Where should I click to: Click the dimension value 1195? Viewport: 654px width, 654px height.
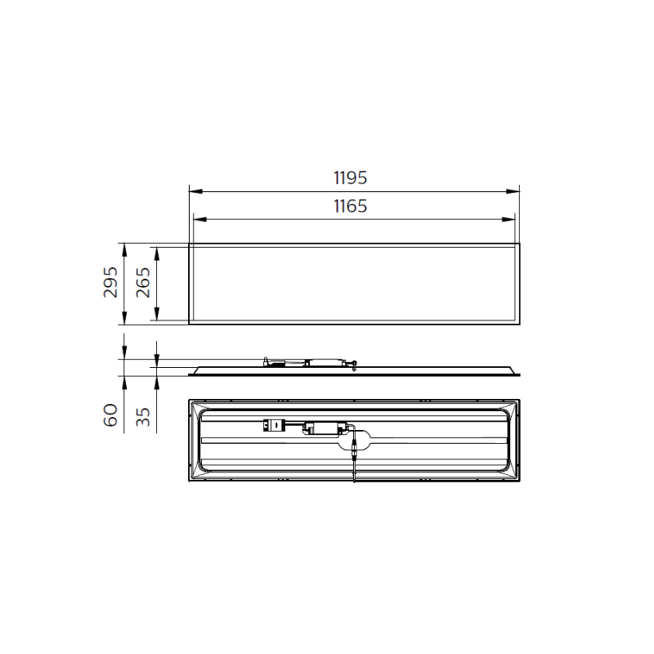pos(350,177)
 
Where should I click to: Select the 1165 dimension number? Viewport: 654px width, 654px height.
pos(350,206)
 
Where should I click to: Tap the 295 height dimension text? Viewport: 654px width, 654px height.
pos(111,283)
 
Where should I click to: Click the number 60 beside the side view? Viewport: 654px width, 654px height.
pos(111,416)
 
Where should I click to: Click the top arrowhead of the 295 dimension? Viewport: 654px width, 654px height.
pos(123,247)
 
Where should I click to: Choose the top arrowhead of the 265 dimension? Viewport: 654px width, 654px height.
pos(156,250)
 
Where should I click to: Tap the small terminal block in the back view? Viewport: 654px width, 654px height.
pos(271,425)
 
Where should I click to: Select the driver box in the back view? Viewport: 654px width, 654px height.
pos(325,428)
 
